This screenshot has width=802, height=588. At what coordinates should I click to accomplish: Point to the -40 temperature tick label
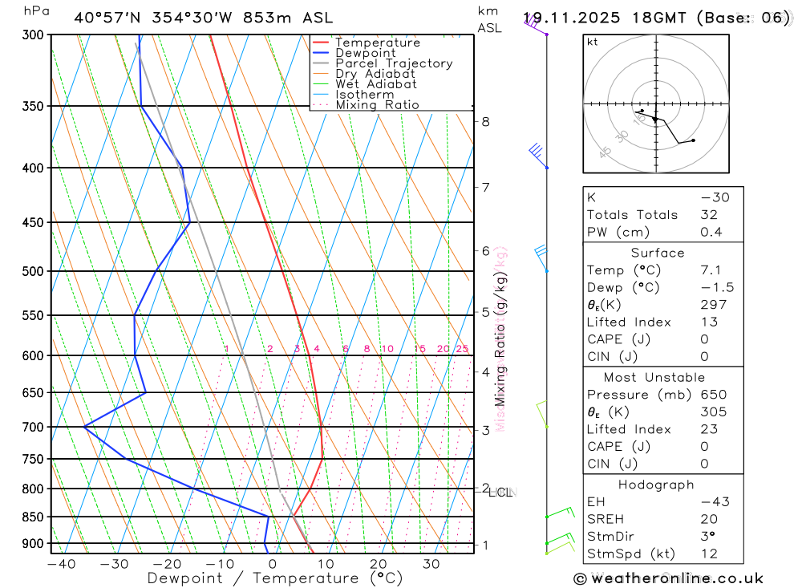point(61,564)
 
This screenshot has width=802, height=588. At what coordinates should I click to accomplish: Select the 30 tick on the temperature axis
point(431,564)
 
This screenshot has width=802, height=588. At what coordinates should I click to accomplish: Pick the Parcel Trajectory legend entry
point(394,63)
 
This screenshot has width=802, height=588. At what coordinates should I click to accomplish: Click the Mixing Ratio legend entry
point(377,105)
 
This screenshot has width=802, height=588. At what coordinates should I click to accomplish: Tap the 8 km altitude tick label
point(485,122)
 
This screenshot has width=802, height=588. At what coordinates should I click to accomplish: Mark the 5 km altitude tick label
point(485,312)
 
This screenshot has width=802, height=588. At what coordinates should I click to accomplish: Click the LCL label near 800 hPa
point(500,492)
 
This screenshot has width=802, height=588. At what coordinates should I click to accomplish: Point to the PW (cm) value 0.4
point(711,232)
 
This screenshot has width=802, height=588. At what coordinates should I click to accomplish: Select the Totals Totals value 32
point(708,214)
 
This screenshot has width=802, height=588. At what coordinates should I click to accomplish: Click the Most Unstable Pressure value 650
point(713,395)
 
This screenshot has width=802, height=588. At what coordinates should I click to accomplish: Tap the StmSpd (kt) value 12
point(708,554)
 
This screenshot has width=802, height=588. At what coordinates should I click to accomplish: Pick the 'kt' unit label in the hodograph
point(593,43)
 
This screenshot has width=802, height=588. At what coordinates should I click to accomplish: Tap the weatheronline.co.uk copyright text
point(668,578)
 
